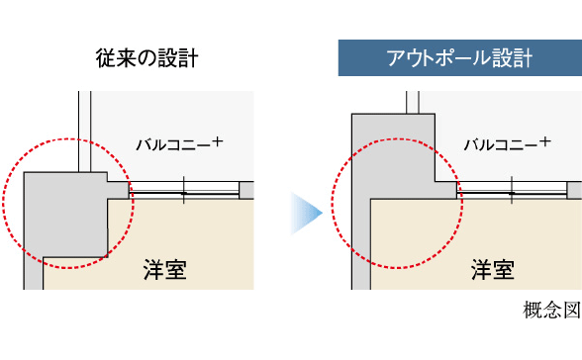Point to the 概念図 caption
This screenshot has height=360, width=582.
pyautogui.click(x=549, y=310)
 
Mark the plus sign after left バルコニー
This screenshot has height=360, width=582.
pyautogui.click(x=217, y=141)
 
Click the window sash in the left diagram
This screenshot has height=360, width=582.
pyautogui.click(x=184, y=189)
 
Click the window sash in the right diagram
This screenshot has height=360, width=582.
pyautogui.click(x=513, y=189)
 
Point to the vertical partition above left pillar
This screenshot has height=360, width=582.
pyautogui.click(x=84, y=129)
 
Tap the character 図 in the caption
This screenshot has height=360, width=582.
pyautogui.click(x=568, y=310)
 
